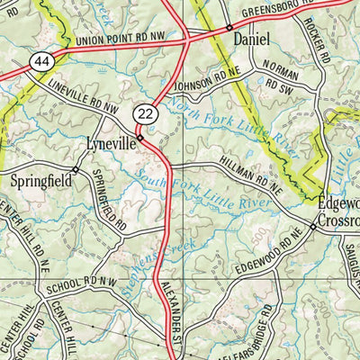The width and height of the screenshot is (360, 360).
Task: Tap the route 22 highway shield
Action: pyautogui.click(x=145, y=112)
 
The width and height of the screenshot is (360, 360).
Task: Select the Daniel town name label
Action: pyautogui.click(x=251, y=40)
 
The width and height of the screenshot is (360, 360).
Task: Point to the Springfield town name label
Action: pyautogui.click(x=38, y=180)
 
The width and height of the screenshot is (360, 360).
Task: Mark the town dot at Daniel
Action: pyautogui.click(x=229, y=27)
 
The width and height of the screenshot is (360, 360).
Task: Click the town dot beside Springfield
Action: pyautogui.click(x=75, y=168)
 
